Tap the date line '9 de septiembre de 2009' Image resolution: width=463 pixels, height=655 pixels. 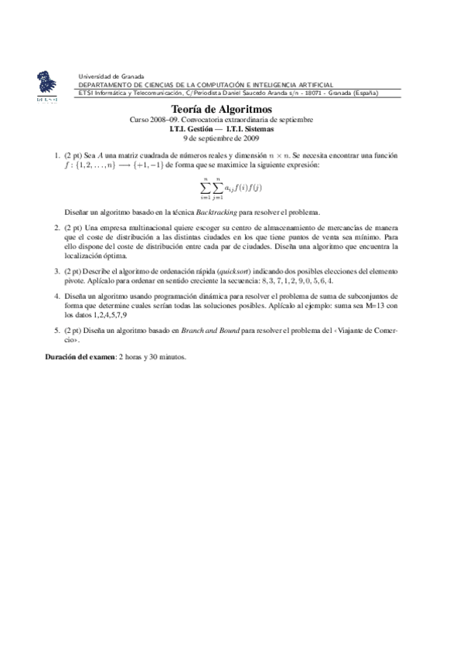coord(220,139)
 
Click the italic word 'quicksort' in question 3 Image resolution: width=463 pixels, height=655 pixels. coord(237,272)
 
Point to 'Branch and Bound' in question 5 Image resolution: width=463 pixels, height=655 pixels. coord(210,330)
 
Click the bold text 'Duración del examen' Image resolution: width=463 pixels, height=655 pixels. coord(76,357)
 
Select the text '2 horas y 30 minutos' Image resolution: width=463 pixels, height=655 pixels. coord(151,357)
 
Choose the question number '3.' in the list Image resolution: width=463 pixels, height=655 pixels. coord(58,272)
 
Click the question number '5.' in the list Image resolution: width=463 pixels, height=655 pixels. coord(58,330)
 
